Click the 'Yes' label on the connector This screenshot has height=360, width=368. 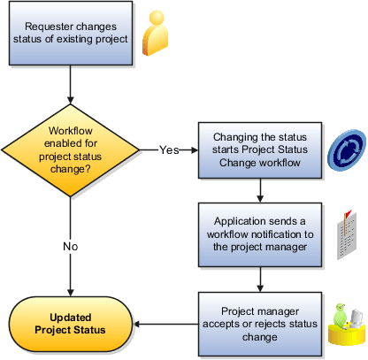pos(169,149)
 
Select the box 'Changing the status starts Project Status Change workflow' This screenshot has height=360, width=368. pos(260,147)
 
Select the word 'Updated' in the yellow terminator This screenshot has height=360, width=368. pos(70,318)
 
